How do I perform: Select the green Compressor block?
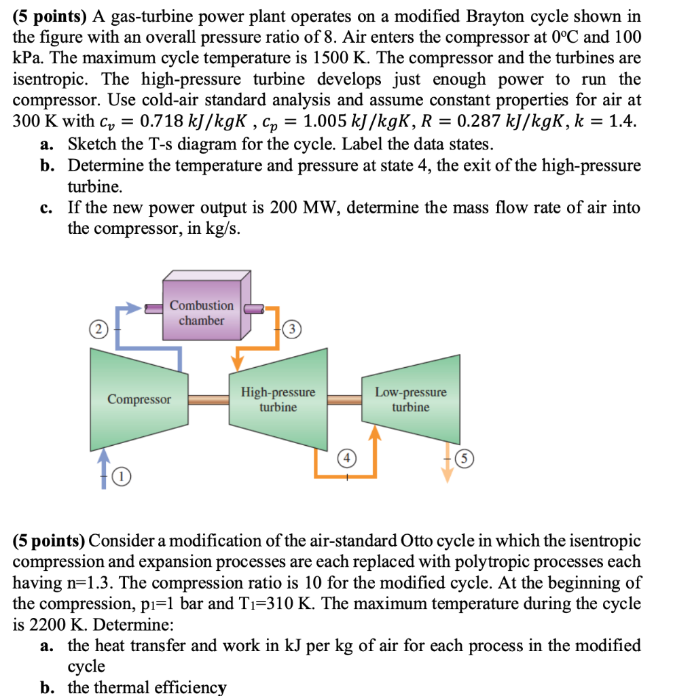tap(139, 399)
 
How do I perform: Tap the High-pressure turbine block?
tap(278, 399)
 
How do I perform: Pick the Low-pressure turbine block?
tap(411, 399)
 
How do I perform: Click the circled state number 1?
tap(120, 478)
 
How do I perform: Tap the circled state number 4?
tap(346, 459)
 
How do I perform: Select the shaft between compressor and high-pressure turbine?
tap(209, 400)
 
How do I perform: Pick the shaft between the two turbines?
tap(345, 400)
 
